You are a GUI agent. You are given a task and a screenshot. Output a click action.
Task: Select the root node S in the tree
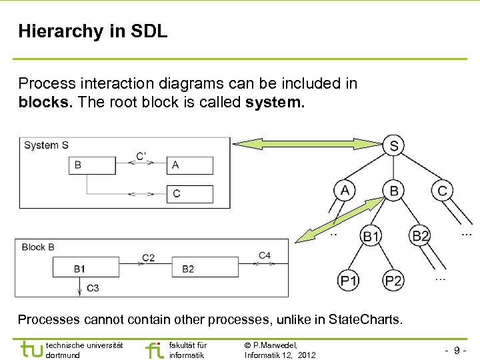395,145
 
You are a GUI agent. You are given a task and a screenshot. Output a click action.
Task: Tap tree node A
345,191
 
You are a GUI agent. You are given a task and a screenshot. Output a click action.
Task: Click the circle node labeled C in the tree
442,191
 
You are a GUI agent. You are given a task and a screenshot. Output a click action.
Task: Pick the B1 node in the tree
371,236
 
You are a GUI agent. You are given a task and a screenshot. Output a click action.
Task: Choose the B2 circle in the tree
421,236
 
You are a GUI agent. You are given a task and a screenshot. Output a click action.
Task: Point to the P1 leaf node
348,281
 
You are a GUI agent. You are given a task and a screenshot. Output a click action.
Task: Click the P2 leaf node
393,281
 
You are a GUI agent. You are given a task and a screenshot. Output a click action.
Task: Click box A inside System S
189,165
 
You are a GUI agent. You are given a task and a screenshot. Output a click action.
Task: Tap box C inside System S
189,194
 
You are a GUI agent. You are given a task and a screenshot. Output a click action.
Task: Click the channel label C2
148,257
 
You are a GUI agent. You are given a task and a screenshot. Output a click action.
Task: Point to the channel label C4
265,255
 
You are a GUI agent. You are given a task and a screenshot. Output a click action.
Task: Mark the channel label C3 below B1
93,288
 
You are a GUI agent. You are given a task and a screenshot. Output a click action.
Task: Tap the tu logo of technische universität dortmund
31,349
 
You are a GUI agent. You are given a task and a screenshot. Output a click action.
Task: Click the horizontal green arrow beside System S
308,143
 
